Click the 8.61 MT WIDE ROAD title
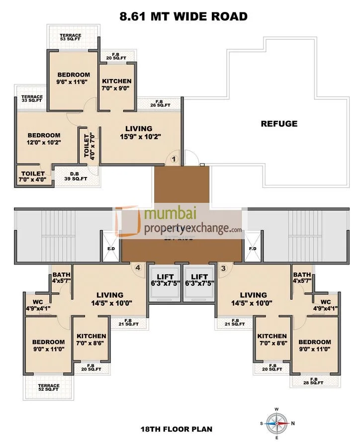coord(183,16)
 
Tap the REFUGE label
coord(279,124)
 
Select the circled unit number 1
coord(174,159)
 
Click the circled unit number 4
coord(138,267)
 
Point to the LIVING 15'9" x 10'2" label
coord(139,132)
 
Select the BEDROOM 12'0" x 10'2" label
coord(44,139)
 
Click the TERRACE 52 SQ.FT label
coord(49,387)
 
